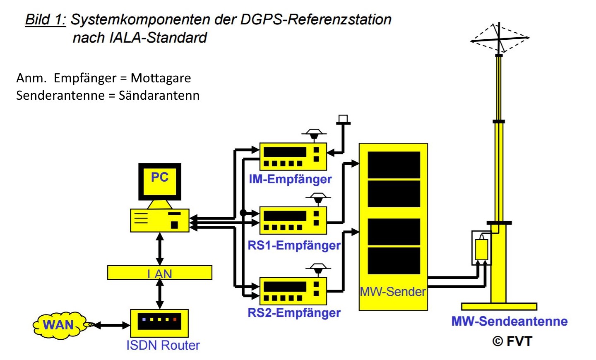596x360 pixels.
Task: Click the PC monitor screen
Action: [x=160, y=181]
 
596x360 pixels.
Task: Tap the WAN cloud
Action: [x=59, y=325]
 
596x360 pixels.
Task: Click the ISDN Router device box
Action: [x=159, y=323]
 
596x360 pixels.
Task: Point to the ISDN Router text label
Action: [x=163, y=345]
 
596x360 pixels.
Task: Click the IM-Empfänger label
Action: [x=290, y=179]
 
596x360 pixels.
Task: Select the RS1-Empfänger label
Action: [x=294, y=245]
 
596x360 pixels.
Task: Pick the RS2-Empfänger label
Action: [x=294, y=312]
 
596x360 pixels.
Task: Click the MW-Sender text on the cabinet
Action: [x=393, y=292]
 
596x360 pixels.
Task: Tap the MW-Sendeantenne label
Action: [x=509, y=321]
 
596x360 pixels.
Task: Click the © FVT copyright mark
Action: [x=512, y=341]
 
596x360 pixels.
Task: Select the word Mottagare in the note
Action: [x=161, y=78]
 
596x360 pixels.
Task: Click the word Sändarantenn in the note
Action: [x=159, y=96]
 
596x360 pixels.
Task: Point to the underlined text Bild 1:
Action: [x=46, y=19]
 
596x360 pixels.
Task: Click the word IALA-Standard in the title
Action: [x=157, y=38]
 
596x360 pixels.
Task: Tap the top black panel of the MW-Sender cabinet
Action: [x=394, y=165]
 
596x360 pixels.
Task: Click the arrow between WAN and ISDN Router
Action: [x=111, y=325]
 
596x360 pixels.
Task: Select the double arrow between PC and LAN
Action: [x=160, y=249]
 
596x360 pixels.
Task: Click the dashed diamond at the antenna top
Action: [x=500, y=38]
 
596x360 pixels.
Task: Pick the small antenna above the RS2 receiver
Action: [x=318, y=269]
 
